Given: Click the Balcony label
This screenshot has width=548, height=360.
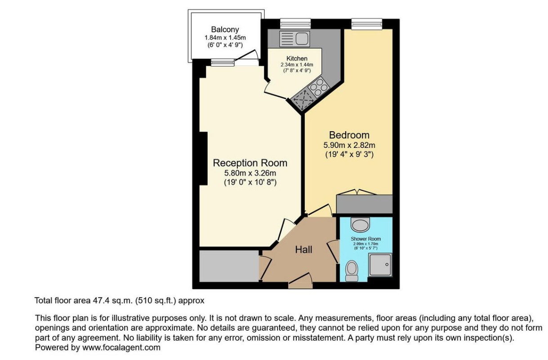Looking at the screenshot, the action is click(225, 30).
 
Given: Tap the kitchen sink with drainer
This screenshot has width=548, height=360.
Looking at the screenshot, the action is click(294, 39).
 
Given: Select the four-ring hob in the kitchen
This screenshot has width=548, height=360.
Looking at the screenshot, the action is click(318, 87).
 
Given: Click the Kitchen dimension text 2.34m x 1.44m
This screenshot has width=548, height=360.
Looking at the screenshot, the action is click(297, 65).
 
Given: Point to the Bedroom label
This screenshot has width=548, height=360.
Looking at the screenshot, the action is click(349, 135).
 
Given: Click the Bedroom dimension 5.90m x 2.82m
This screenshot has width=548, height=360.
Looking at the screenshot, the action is click(349, 145).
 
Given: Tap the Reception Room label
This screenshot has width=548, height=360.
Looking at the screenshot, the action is click(250, 163).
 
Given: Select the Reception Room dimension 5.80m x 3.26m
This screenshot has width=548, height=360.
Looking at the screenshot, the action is click(250, 173).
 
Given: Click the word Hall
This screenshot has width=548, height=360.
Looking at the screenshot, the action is click(303, 250).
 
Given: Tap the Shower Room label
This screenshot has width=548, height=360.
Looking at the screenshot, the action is click(366, 239).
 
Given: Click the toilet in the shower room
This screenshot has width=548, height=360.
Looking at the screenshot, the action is click(352, 271).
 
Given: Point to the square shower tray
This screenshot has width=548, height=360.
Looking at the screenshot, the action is click(380, 265).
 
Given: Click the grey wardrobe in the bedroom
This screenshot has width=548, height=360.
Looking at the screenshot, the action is click(365, 204).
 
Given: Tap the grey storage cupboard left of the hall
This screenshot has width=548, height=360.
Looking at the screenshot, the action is click(229, 266).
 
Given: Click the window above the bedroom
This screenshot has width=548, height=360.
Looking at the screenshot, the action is click(367, 24).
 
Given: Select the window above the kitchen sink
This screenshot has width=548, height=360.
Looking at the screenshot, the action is click(295, 23).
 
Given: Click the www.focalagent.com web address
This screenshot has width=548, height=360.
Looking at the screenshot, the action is click(121, 347).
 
